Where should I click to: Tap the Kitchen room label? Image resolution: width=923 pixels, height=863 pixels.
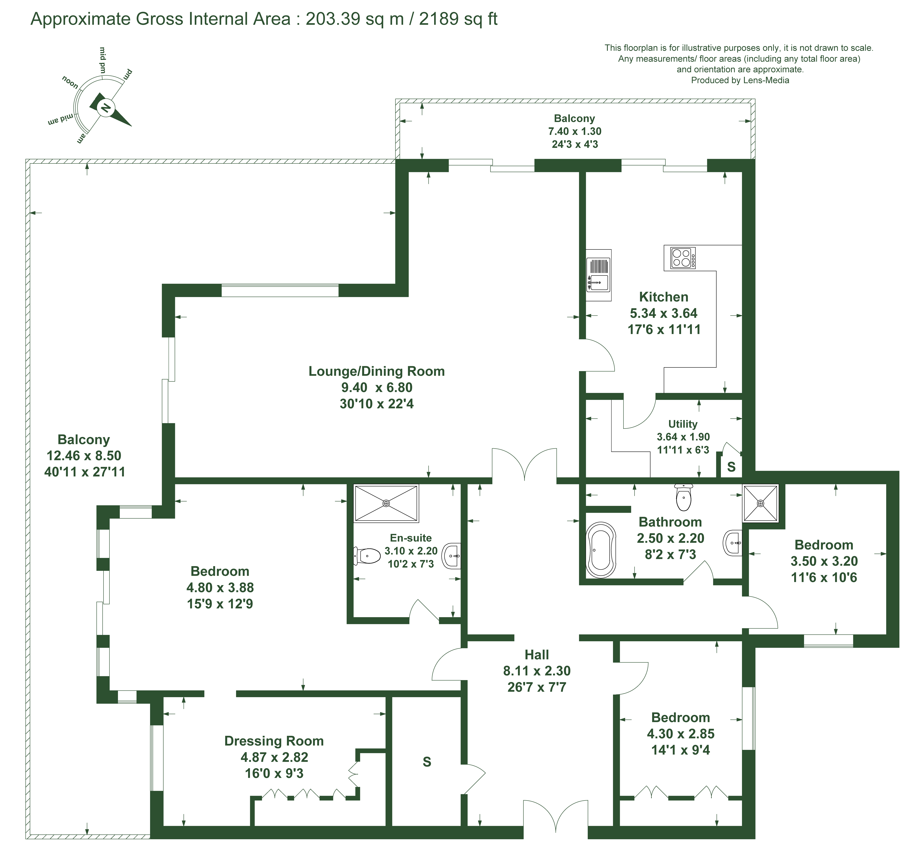[664, 297]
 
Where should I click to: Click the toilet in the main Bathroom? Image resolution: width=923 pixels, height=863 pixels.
[683, 497]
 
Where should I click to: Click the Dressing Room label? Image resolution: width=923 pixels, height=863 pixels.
[274, 741]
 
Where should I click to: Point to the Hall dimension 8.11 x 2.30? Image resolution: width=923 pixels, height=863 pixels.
[537, 671]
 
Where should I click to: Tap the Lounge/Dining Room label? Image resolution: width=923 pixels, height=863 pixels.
[377, 371]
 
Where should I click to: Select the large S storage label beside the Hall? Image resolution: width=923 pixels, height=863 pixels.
[427, 762]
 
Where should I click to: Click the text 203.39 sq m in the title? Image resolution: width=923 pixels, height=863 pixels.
[355, 19]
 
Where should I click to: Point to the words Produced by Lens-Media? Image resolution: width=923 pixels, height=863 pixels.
[740, 80]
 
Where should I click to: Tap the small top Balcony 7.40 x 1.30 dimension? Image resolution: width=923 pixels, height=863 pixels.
[575, 131]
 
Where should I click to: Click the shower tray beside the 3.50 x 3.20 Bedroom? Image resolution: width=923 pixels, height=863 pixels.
[761, 503]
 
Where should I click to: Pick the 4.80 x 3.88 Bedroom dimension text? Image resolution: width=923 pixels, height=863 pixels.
[220, 588]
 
